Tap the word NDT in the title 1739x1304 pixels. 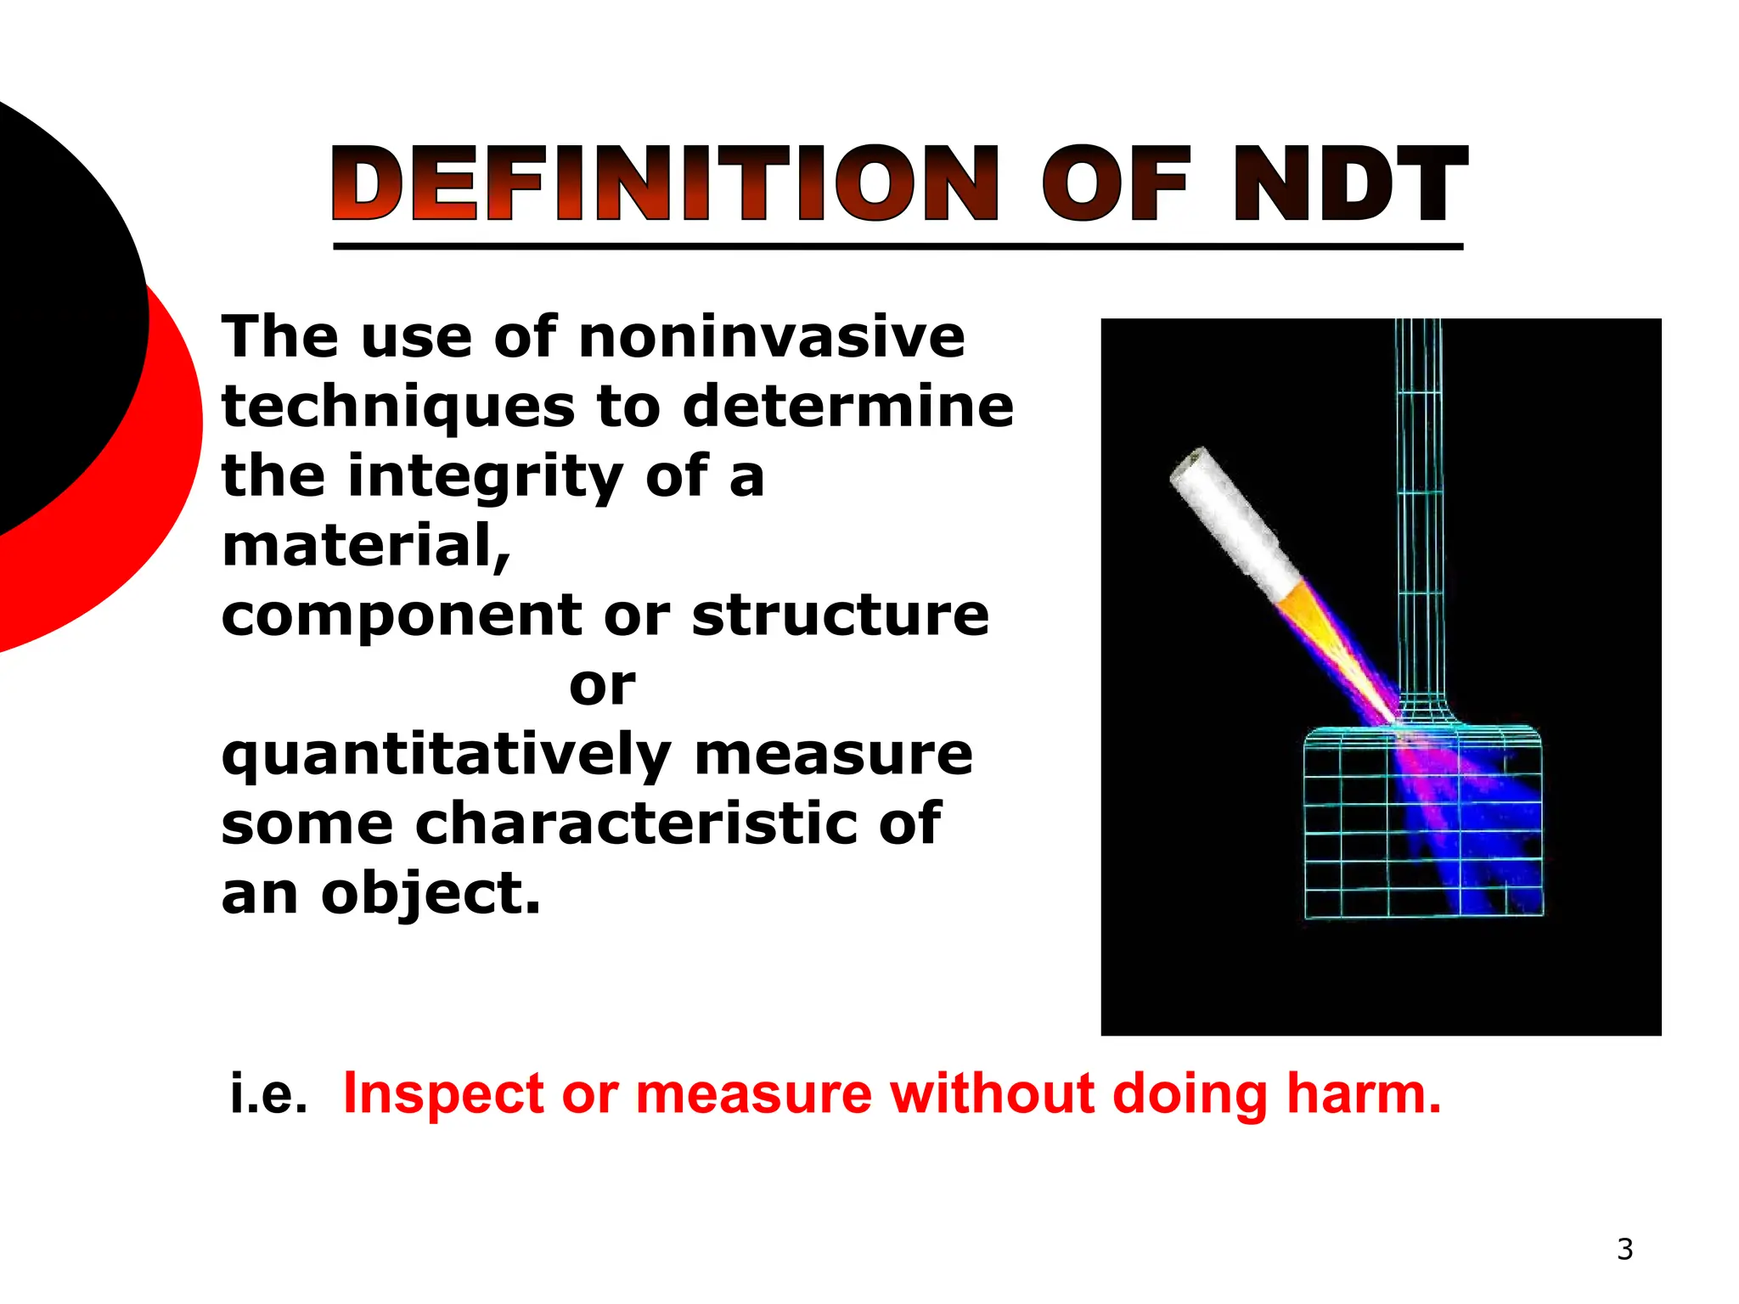pyautogui.click(x=1350, y=184)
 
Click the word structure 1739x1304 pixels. pyautogui.click(x=841, y=615)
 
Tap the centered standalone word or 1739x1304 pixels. pyautogui.click(x=602, y=685)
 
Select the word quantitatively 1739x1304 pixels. pyautogui.click(x=447, y=756)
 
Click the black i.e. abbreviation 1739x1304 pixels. pyautogui.click(x=268, y=1094)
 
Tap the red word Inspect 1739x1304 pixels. pyautogui.click(x=442, y=1094)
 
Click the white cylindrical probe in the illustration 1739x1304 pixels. pyautogui.click(x=1231, y=522)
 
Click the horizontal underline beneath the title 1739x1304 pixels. pyautogui.click(x=898, y=246)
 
